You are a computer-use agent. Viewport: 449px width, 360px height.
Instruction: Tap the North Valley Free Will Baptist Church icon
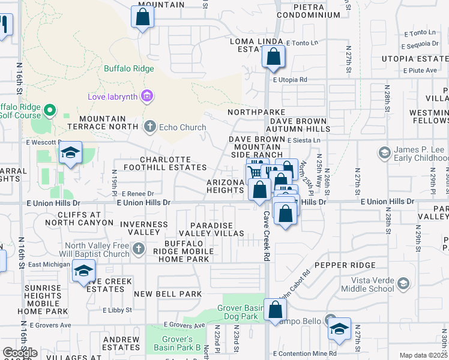tap(139, 248)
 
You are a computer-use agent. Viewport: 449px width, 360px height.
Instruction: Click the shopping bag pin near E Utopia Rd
tap(273, 58)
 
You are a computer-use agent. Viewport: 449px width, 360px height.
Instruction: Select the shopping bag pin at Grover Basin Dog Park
tap(276, 310)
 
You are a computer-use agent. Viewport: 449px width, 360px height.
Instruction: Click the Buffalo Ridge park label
tap(128, 68)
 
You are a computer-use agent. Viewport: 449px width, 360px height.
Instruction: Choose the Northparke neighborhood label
tap(256, 112)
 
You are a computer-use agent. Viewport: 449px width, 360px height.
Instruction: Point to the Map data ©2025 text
tap(424, 355)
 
